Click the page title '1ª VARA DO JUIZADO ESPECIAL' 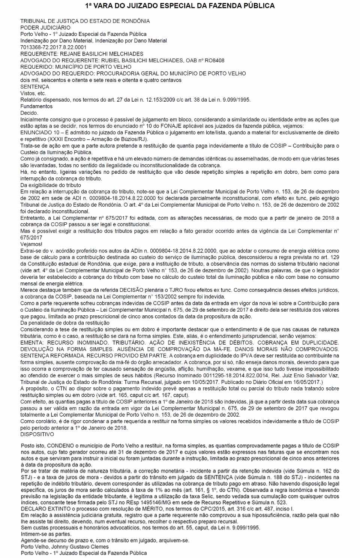[x=180, y=6]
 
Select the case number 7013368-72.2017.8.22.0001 [x=53, y=47]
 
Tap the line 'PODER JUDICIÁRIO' [x=45, y=27]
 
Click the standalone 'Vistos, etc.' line [x=33, y=93]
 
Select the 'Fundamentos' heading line [x=36, y=106]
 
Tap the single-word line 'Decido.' [x=29, y=113]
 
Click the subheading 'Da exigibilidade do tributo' [x=51, y=185]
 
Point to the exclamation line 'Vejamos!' [x=31, y=244]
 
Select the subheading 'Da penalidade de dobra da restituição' [x=65, y=323]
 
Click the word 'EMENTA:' [x=31, y=342]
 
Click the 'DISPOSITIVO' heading [x=37, y=434]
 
